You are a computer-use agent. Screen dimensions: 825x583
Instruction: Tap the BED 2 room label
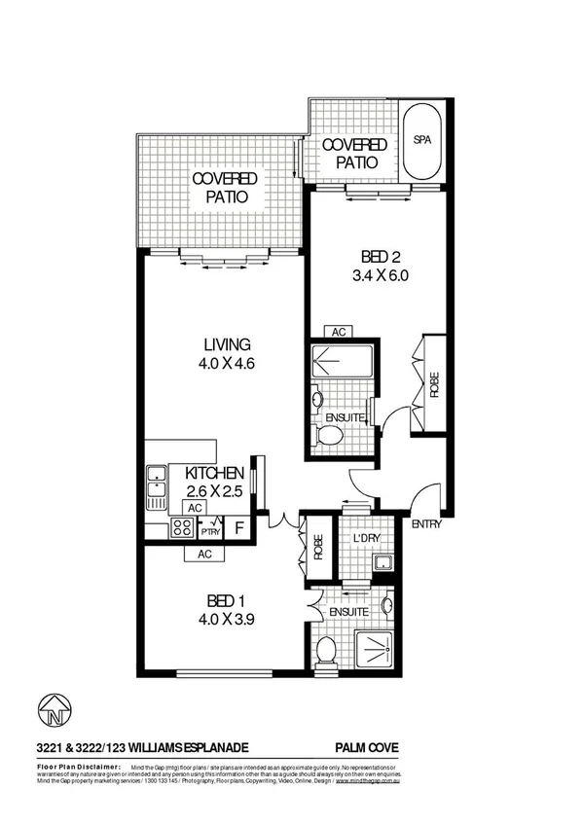375,257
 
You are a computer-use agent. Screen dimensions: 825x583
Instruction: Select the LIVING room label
228,344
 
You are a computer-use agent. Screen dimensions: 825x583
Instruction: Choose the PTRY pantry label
210,531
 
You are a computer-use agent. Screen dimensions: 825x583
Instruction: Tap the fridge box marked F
239,530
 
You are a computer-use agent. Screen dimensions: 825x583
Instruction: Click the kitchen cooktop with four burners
182,529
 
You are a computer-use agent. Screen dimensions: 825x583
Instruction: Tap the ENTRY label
427,525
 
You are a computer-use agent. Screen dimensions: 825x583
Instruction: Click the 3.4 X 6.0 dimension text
375,275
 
